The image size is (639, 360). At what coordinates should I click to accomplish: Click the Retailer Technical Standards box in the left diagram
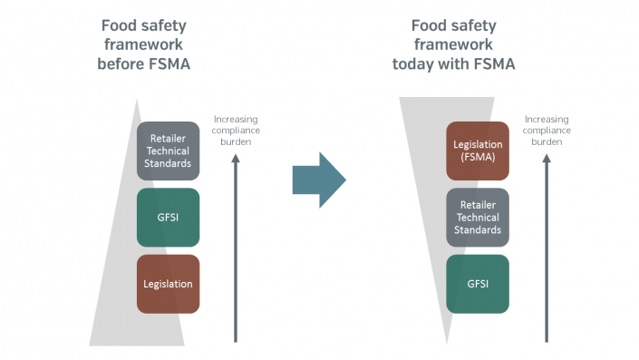pos(168,151)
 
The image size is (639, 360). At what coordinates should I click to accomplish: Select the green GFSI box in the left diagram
pos(168,218)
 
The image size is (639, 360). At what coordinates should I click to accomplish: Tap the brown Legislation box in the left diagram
pos(168,284)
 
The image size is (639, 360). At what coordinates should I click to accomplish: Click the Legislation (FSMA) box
pos(478,151)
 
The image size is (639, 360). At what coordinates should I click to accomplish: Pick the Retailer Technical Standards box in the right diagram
pos(478,218)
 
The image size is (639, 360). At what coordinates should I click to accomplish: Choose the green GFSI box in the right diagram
pos(478,284)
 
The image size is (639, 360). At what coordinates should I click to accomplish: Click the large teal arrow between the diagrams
pos(319,180)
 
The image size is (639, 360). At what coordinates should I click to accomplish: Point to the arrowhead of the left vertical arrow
pos(236,158)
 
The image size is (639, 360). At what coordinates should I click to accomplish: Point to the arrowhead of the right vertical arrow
pos(547,158)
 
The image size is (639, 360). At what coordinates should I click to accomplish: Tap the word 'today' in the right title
pos(412,64)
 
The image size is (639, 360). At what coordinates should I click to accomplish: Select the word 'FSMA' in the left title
pos(169,64)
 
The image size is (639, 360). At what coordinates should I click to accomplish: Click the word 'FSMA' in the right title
pos(494,64)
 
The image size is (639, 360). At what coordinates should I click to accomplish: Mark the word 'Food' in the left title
pos(119,25)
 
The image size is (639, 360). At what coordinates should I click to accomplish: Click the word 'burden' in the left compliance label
pos(236,141)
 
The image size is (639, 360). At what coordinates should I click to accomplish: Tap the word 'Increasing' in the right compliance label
pos(547,120)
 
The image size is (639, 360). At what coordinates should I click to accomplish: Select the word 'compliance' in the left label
pos(236,131)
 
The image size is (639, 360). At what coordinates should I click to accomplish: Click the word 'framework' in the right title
pos(453,44)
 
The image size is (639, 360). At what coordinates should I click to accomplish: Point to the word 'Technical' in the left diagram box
pos(168,151)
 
